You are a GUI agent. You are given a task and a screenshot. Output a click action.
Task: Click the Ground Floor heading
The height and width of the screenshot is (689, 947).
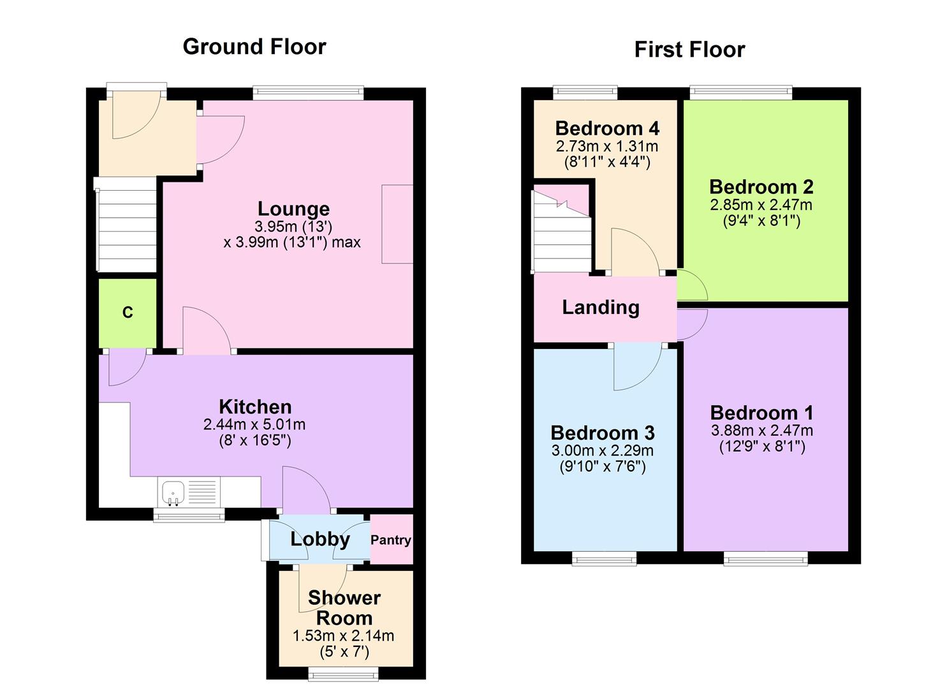(254, 47)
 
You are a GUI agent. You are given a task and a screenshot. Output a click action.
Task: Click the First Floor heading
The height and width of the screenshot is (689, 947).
(689, 50)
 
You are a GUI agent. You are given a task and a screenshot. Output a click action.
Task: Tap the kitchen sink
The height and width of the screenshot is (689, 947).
(173, 493)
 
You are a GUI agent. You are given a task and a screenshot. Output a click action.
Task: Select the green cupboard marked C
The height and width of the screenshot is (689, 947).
(128, 313)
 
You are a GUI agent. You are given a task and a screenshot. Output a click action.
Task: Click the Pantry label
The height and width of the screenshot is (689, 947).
(391, 540)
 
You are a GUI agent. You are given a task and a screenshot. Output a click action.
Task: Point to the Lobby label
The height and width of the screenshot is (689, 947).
(320, 539)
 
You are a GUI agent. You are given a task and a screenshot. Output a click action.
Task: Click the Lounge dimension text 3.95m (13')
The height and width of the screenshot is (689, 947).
(293, 226)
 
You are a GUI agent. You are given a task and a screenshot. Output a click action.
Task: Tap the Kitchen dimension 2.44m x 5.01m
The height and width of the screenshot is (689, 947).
(254, 424)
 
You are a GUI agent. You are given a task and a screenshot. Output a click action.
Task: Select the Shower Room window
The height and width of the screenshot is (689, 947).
(342, 673)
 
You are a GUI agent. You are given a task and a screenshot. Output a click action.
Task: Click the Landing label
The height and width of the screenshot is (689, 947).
(600, 307)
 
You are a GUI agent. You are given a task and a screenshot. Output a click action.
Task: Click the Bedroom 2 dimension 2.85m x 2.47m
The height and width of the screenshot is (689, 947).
(761, 205)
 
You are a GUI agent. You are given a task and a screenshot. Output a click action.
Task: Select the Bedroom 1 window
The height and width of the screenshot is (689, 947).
(765, 559)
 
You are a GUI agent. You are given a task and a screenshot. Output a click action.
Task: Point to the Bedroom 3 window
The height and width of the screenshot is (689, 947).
(605, 559)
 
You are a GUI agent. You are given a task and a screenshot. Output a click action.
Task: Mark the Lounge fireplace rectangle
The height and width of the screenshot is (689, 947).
(397, 224)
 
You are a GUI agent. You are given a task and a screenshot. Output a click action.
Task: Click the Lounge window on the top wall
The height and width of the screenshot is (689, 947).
(308, 93)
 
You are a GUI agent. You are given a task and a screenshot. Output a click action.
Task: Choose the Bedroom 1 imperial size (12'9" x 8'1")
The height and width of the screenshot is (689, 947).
(762, 447)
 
